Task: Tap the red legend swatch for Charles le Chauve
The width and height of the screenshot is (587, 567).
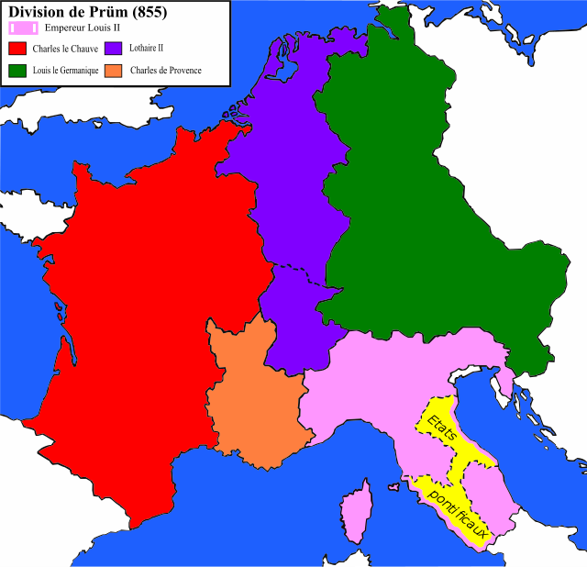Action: pos(17,48)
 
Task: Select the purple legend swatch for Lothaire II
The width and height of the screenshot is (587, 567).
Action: pos(114,48)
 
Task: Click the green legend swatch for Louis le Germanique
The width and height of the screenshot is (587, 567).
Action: pos(17,70)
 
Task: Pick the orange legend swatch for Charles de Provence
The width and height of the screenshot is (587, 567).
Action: pos(114,70)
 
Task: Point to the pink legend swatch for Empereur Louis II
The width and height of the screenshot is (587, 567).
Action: pos(23,28)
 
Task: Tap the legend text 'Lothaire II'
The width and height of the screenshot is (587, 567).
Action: pos(147,48)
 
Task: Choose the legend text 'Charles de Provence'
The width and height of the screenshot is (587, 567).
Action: pos(165,71)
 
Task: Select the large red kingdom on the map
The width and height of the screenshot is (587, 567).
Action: pos(138,321)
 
